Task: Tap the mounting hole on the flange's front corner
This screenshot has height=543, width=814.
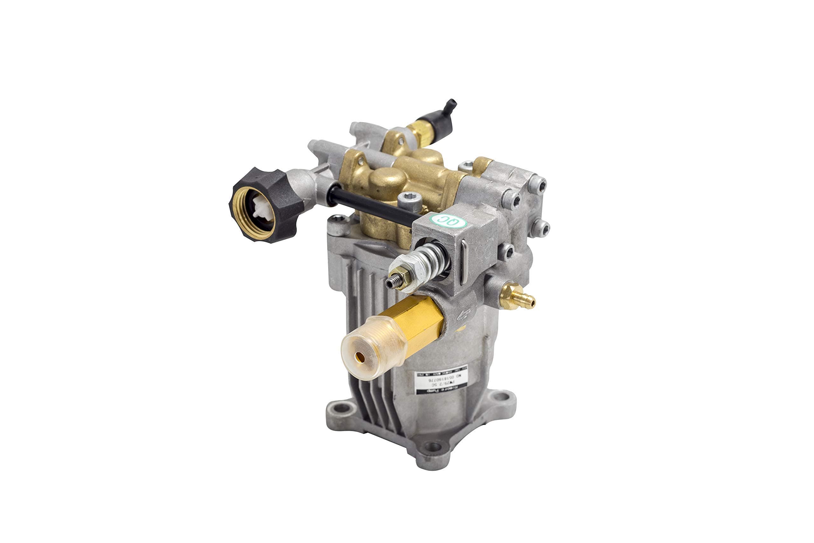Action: click(x=433, y=447)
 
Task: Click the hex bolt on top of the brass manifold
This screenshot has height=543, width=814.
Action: click(x=409, y=199)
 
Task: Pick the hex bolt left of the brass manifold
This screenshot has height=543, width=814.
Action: click(x=338, y=221)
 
